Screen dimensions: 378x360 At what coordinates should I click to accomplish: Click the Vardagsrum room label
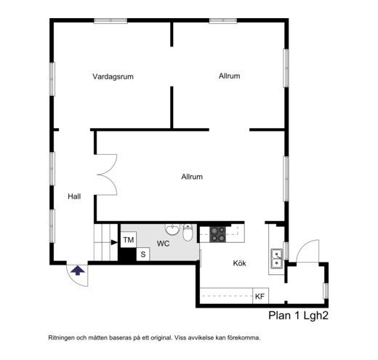[x=113, y=76]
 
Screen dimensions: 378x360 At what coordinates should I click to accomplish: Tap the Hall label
[x=74, y=196]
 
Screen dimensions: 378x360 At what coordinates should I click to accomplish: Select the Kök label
[x=239, y=263]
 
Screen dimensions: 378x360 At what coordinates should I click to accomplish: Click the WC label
[x=163, y=244]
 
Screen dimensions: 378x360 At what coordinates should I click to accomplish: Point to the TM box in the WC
[x=129, y=240]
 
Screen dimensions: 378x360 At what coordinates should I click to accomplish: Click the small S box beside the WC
[x=143, y=255]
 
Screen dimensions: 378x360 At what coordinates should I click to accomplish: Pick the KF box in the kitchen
[x=260, y=296]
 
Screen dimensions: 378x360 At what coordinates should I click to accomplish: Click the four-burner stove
[x=217, y=234]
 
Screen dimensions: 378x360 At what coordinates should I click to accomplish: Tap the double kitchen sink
[x=277, y=259]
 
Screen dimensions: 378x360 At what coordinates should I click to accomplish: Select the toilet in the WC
[x=188, y=232]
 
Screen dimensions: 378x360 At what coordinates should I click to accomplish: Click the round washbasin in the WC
[x=172, y=229]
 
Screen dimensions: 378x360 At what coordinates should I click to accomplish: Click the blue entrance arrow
[x=78, y=270]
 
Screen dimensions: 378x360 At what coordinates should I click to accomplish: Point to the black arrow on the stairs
[x=114, y=242]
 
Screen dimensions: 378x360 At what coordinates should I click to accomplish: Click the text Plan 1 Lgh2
[x=298, y=316]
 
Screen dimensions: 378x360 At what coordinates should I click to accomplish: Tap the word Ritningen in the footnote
[x=61, y=337]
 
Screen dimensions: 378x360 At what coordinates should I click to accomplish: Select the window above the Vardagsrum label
[x=110, y=21]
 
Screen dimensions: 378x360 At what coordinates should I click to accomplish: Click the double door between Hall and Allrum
[x=107, y=175]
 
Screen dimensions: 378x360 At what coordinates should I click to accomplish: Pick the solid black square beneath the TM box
[x=127, y=255]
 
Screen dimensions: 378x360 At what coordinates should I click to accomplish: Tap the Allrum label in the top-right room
[x=229, y=76]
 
